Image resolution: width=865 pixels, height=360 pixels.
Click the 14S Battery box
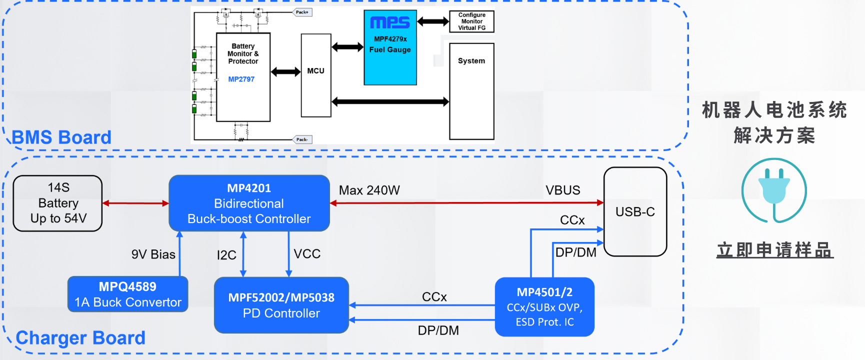[57, 203]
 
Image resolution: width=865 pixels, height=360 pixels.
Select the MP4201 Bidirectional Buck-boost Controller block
[249, 203]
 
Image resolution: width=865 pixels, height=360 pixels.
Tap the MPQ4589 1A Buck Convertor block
[127, 294]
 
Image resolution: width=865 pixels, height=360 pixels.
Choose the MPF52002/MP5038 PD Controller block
[281, 305]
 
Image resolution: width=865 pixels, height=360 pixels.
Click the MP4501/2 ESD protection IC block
[544, 307]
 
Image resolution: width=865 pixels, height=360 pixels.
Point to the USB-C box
[635, 211]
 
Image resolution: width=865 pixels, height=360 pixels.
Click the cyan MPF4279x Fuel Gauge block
[390, 47]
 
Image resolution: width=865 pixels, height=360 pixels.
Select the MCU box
[315, 75]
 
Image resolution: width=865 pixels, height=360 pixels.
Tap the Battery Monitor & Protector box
[243, 77]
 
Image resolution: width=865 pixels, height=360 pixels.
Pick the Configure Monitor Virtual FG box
[471, 21]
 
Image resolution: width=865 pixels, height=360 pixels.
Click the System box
[471, 91]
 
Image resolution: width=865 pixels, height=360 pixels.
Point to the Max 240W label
[369, 190]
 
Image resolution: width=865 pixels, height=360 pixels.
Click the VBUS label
[562, 190]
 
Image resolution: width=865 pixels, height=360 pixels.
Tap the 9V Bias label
[153, 254]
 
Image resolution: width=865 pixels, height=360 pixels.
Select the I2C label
[226, 255]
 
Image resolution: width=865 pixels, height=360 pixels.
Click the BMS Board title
[61, 137]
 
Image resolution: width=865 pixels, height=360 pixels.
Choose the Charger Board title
[80, 338]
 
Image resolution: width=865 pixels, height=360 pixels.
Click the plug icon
[773, 190]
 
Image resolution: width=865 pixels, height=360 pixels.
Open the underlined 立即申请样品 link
[774, 250]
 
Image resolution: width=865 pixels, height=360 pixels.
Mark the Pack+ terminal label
[302, 12]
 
